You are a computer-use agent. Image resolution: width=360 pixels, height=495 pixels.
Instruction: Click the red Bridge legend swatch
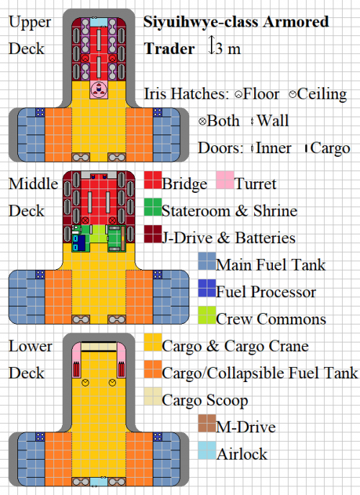click(x=152, y=184)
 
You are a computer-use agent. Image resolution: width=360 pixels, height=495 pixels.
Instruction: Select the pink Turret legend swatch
click(x=225, y=184)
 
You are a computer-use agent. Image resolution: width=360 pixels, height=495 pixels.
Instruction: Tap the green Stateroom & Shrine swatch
click(x=152, y=211)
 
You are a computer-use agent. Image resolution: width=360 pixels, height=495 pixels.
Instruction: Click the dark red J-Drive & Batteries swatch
click(x=152, y=237)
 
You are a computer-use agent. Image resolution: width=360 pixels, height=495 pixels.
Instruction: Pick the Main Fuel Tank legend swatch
click(x=206, y=264)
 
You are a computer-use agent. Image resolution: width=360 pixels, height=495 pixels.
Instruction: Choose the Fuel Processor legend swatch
click(x=206, y=291)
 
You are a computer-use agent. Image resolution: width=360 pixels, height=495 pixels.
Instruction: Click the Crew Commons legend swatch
click(x=206, y=318)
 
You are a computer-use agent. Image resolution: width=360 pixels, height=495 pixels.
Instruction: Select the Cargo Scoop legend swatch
click(x=152, y=399)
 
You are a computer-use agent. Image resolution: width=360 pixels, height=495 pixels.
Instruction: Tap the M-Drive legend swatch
click(x=206, y=427)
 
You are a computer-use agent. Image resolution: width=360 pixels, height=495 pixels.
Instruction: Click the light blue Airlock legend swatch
click(x=206, y=453)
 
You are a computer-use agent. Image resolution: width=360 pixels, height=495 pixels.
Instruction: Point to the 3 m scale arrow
click(x=212, y=48)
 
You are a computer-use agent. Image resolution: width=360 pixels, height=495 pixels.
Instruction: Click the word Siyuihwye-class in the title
click(x=189, y=22)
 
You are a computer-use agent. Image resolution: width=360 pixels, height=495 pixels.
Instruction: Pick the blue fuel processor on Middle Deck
click(x=79, y=242)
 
